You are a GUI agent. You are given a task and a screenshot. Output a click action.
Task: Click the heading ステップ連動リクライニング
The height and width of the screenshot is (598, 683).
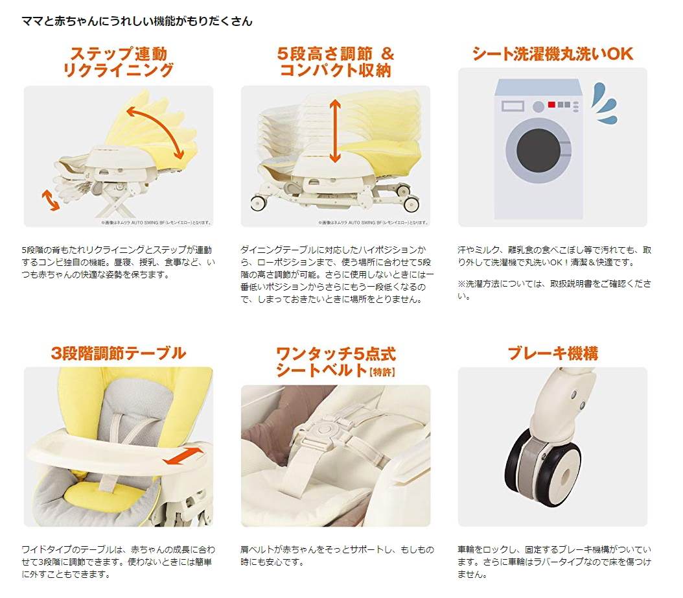tap(119, 62)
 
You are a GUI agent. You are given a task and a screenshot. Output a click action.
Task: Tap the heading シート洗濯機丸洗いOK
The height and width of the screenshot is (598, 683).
tap(552, 53)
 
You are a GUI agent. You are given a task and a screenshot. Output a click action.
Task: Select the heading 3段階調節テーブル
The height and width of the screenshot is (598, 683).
tap(119, 353)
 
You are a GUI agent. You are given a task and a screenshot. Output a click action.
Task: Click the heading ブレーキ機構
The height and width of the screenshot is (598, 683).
tap(552, 353)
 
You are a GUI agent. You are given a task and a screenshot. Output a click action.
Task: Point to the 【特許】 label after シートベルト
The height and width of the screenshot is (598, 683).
tap(382, 372)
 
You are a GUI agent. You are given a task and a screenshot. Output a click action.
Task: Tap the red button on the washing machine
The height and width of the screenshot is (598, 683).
tap(551, 104)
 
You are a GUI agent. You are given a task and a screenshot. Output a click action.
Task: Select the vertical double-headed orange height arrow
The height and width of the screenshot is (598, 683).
tap(334, 132)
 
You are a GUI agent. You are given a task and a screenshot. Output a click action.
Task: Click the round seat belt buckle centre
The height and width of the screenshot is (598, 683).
tap(329, 429)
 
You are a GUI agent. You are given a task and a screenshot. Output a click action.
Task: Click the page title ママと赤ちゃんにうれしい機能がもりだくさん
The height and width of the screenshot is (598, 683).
tap(137, 21)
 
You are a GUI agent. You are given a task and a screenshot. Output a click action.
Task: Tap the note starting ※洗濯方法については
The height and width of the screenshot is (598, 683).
tap(554, 290)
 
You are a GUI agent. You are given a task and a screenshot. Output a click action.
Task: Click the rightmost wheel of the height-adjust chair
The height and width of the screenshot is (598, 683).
tap(410, 203)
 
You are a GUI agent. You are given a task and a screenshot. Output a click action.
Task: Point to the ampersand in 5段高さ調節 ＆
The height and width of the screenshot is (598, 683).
tap(387, 53)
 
